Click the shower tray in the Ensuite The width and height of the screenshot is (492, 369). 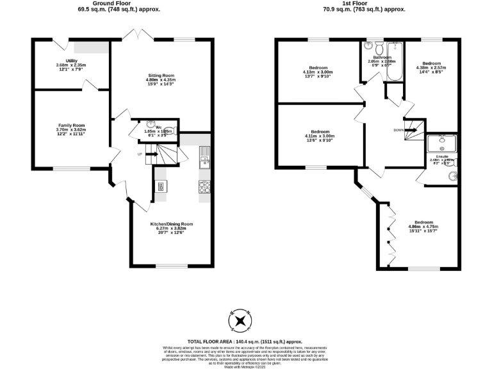pyautogui.click(x=442, y=143)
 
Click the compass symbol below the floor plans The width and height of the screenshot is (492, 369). pyautogui.click(x=240, y=320)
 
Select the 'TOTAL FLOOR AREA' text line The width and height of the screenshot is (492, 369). pyautogui.click(x=245, y=342)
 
